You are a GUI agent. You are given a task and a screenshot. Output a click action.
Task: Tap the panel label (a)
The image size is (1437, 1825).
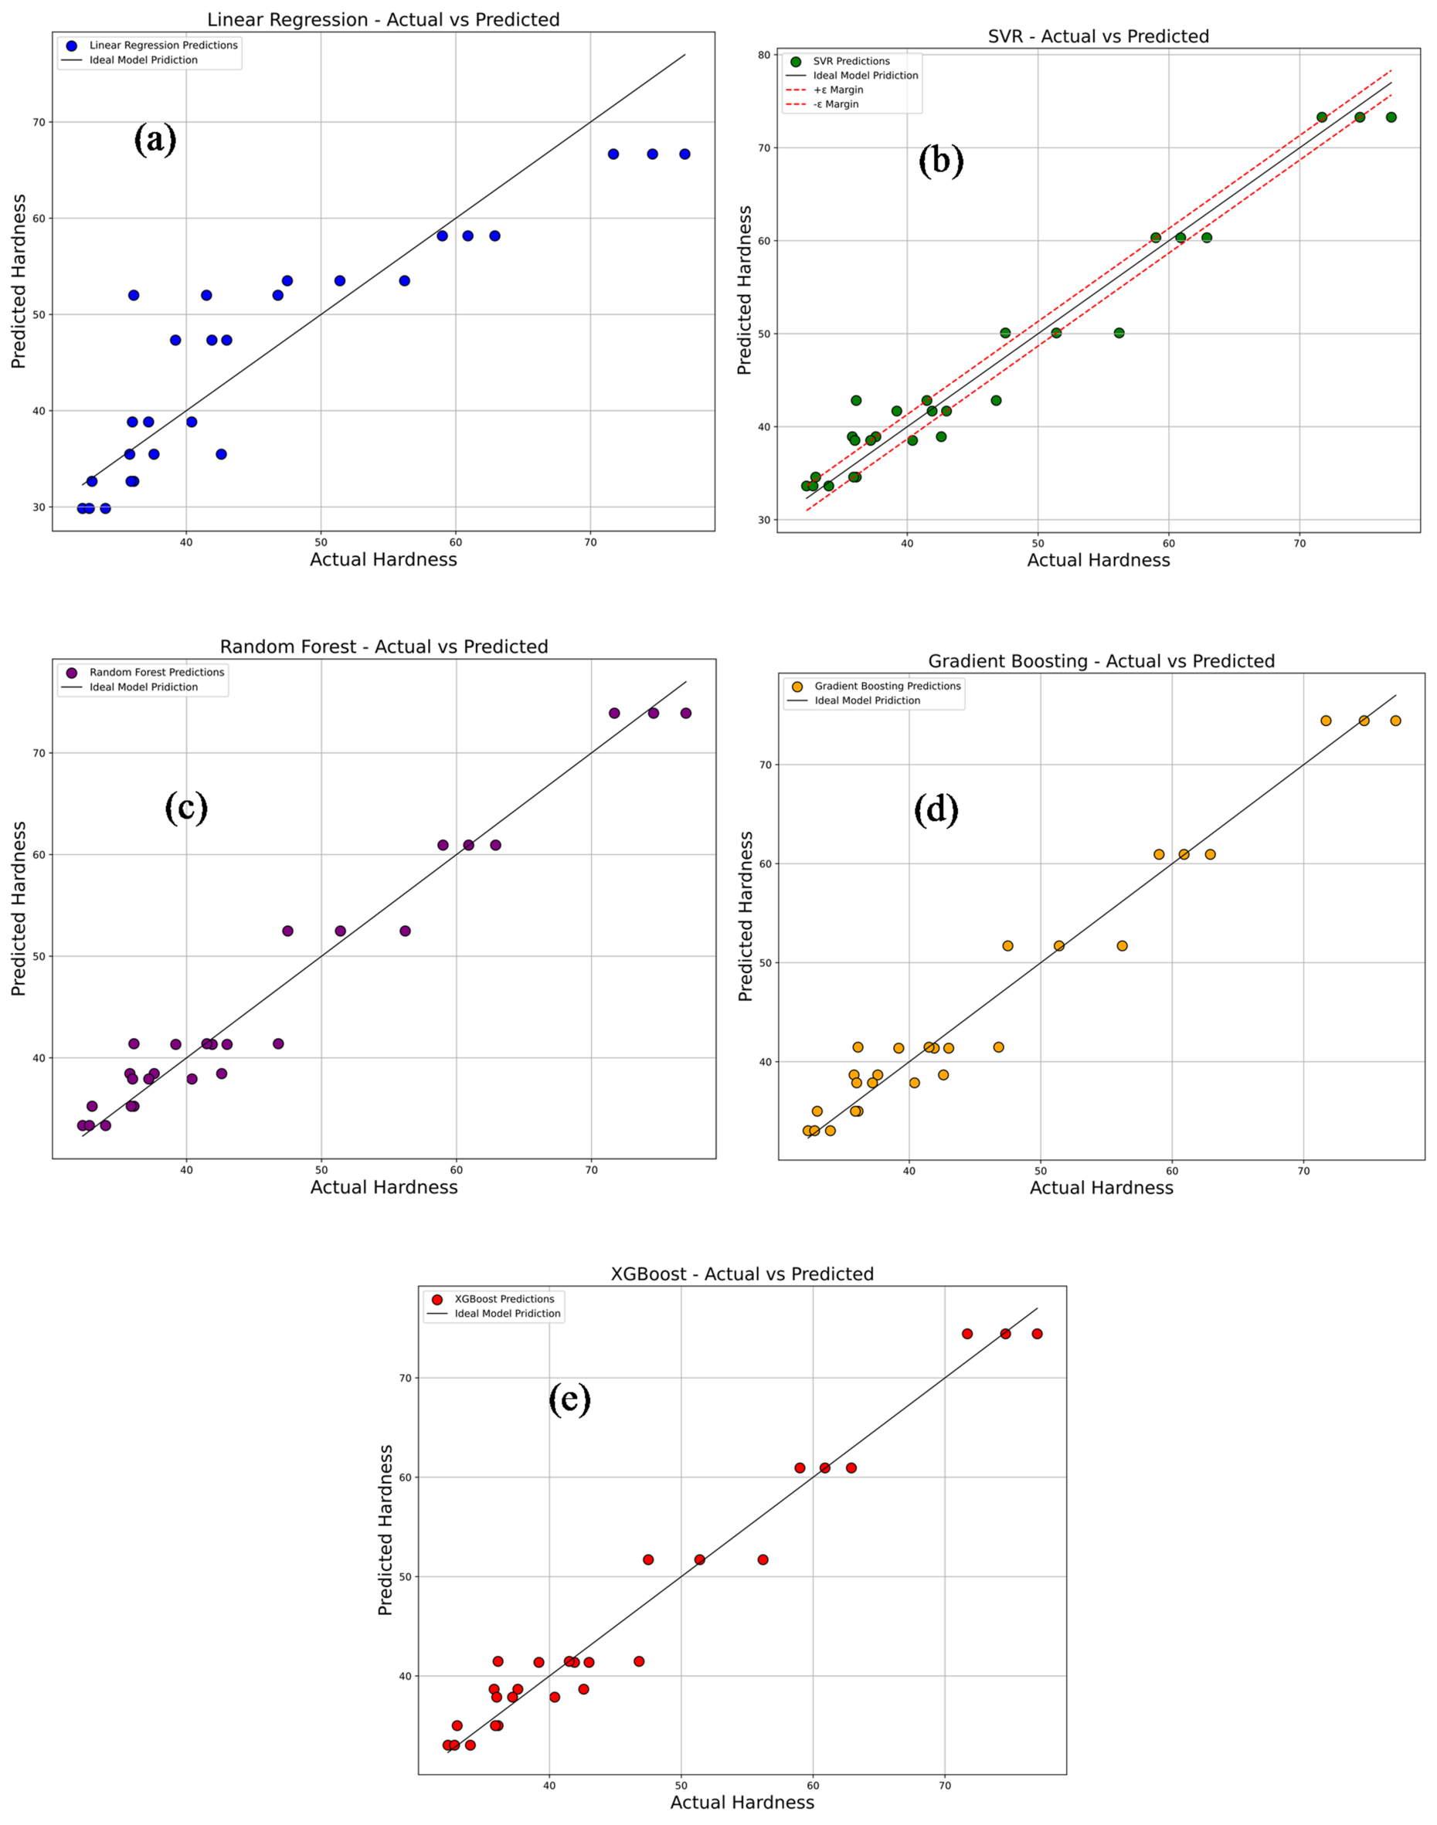155,139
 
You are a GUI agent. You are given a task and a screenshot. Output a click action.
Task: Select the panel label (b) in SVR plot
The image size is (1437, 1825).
940,160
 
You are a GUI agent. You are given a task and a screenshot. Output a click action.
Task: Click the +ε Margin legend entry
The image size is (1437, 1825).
837,90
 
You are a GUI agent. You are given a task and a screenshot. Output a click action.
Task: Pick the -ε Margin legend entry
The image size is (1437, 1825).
835,104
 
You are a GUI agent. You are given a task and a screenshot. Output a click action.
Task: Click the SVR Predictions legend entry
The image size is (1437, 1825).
851,61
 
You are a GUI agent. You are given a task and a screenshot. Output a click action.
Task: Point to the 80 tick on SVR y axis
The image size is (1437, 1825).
764,56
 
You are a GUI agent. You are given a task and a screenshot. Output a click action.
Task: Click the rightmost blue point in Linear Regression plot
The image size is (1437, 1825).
685,154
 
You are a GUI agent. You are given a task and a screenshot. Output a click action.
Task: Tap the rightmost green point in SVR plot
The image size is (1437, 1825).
1391,117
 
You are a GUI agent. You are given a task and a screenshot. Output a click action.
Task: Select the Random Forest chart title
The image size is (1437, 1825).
384,646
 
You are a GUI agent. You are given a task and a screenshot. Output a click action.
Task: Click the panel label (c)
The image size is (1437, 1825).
186,807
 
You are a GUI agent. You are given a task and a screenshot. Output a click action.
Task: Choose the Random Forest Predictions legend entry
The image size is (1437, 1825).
157,672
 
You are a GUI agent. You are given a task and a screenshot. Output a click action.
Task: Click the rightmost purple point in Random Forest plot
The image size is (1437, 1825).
686,713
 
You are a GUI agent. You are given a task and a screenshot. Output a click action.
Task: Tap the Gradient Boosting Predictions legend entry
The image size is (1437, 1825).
887,687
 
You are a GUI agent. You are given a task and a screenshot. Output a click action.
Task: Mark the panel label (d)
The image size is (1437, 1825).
936,810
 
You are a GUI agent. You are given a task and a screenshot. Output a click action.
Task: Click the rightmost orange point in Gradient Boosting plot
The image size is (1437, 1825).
1395,721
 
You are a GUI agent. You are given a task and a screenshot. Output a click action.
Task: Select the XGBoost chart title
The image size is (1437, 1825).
742,1274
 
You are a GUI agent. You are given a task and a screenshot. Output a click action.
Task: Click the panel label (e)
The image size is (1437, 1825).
569,1399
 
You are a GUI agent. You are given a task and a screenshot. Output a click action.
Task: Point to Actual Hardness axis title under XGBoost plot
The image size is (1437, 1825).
742,1803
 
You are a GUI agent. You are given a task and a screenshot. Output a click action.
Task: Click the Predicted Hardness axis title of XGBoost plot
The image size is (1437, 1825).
386,1531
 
